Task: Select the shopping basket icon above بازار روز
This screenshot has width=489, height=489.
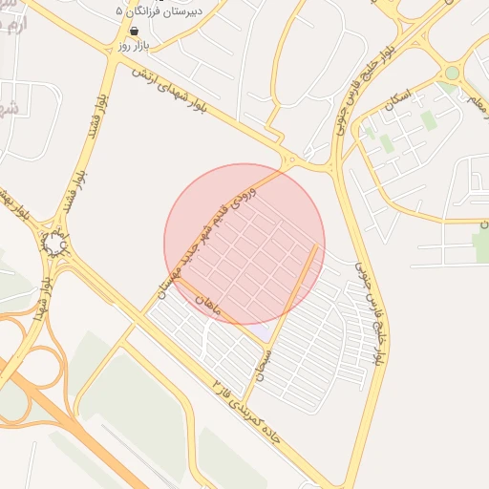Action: (x=135, y=31)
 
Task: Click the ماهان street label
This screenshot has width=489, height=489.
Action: (x=207, y=306)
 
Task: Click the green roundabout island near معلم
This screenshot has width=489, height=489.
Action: (x=452, y=74)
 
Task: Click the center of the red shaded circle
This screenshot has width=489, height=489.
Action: (x=244, y=244)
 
